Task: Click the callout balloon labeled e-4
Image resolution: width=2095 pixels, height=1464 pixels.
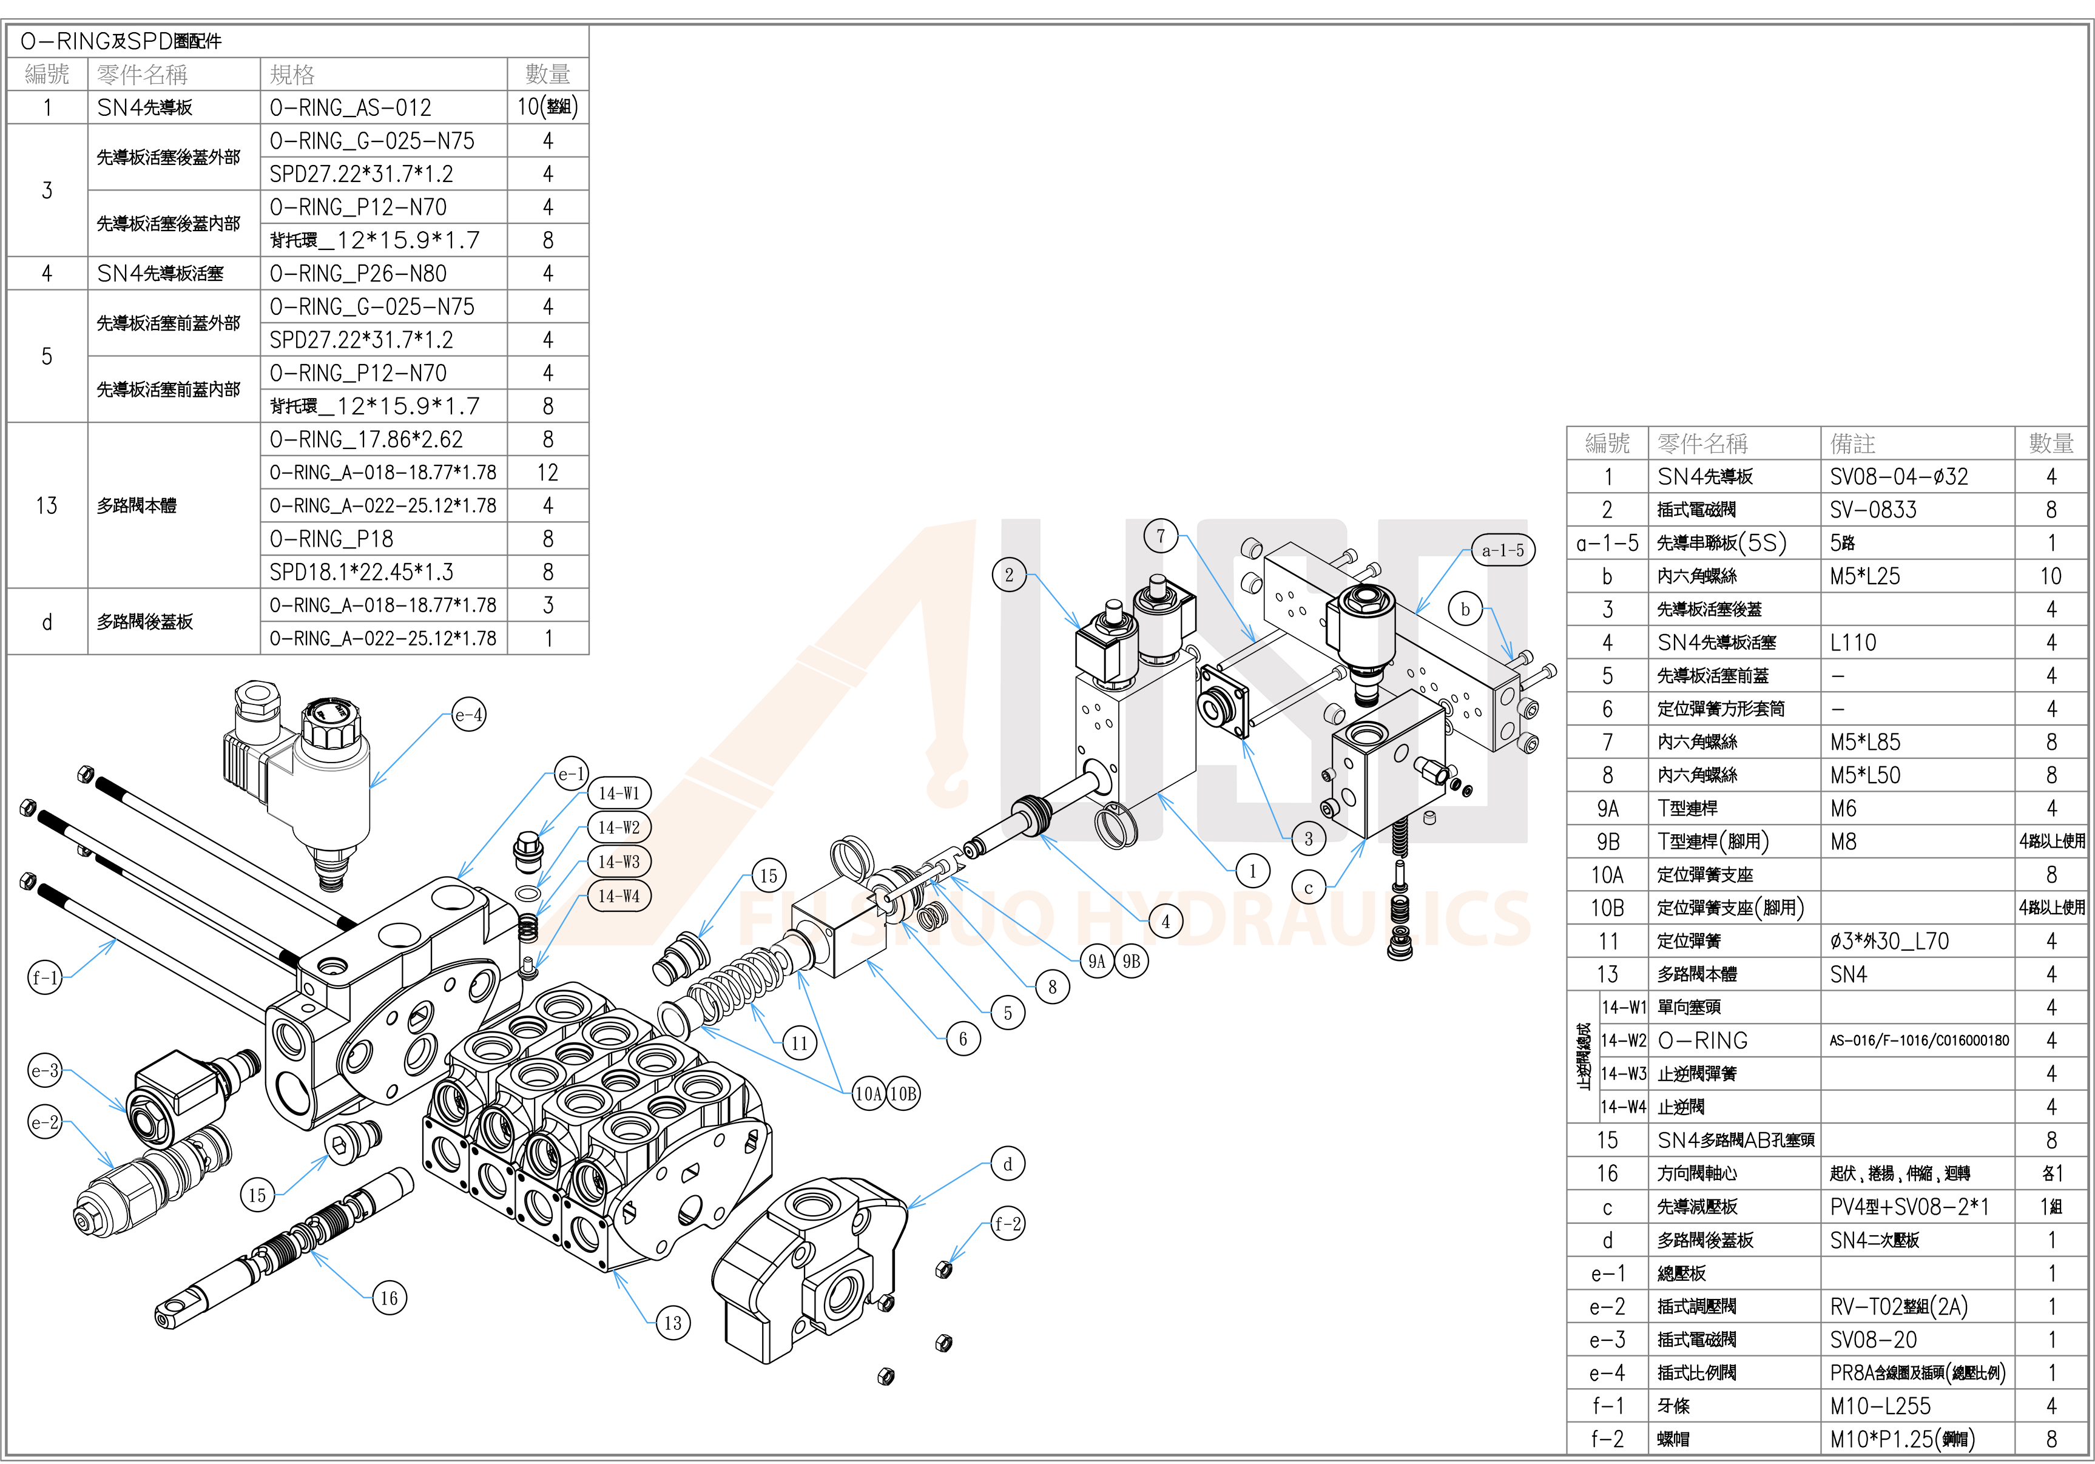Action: pyautogui.click(x=469, y=715)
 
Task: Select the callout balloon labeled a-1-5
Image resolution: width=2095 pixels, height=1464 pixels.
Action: pyautogui.click(x=1502, y=550)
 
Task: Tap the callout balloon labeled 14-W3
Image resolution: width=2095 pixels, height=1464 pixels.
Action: pyautogui.click(x=619, y=862)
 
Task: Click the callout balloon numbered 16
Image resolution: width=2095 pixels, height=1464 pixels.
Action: pyautogui.click(x=389, y=1298)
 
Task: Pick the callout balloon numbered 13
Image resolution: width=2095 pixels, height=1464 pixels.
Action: pyautogui.click(x=672, y=1323)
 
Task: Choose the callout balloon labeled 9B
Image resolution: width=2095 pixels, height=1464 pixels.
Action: pyautogui.click(x=1132, y=961)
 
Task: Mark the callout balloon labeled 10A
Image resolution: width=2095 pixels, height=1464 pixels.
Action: pyautogui.click(x=869, y=1093)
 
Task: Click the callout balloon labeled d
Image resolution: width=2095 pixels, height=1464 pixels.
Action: pyautogui.click(x=1007, y=1164)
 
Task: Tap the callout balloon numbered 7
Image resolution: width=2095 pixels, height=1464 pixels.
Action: pyautogui.click(x=1161, y=536)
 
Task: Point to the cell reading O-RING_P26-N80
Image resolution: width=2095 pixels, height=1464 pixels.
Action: pyautogui.click(x=358, y=273)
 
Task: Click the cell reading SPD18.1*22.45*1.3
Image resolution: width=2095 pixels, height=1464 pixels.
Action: pyautogui.click(x=362, y=572)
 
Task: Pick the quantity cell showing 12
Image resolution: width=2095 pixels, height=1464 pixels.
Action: pyautogui.click(x=547, y=472)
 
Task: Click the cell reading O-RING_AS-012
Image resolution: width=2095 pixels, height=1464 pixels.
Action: pyautogui.click(x=351, y=108)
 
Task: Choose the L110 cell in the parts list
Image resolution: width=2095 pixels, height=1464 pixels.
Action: pyautogui.click(x=1853, y=643)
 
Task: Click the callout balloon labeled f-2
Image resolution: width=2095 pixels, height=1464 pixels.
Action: pyautogui.click(x=1007, y=1224)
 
